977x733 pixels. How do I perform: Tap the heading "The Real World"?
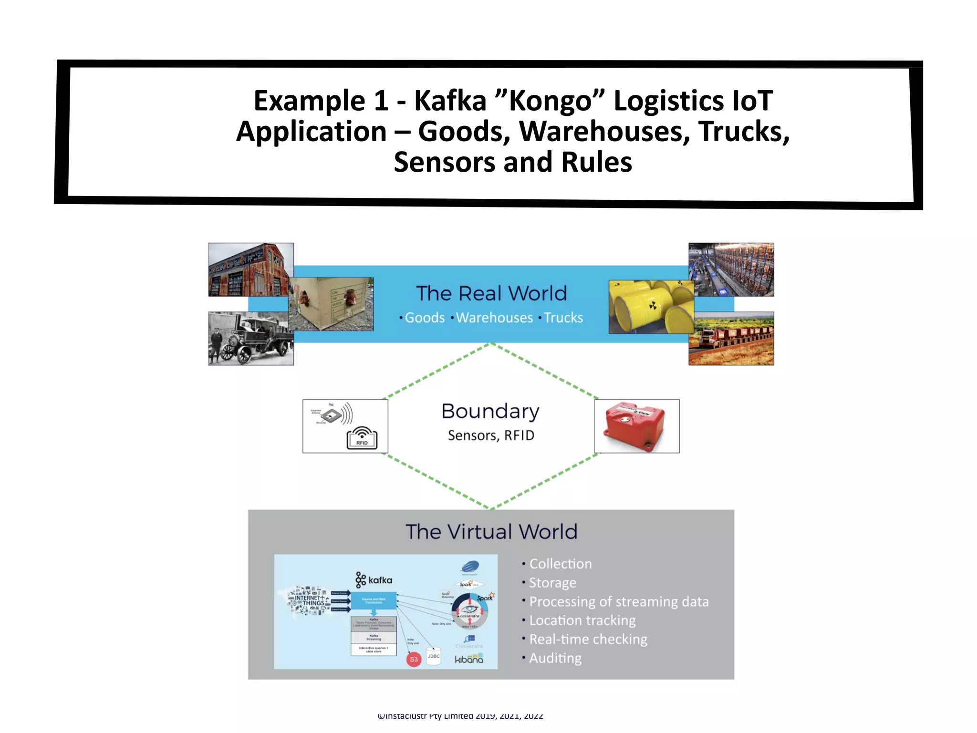coord(491,293)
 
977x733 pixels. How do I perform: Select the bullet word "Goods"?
coord(425,318)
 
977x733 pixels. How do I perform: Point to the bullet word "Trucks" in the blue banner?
coord(563,318)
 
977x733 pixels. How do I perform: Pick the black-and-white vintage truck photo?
coord(250,339)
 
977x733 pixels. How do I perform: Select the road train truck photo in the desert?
coord(731,339)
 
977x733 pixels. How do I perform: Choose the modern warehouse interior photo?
coord(731,269)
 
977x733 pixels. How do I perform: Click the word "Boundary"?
coord(490,411)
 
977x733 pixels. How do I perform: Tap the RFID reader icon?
coord(362,438)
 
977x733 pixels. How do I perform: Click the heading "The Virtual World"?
coord(491,532)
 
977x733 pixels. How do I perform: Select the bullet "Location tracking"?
coord(582,620)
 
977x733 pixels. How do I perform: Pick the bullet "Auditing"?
coord(555,658)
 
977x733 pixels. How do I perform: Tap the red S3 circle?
coord(414,660)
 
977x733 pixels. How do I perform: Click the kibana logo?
coord(468,660)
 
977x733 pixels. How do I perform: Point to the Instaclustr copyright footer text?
coord(460,716)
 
